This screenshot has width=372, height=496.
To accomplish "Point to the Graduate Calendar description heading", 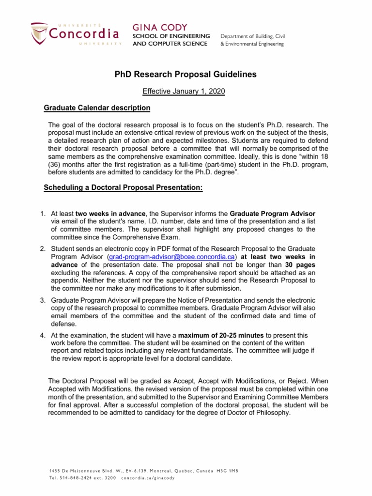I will click(97, 108).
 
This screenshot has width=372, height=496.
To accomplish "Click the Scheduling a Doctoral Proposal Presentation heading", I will click(123, 187).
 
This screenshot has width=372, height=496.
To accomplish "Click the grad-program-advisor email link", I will click(172, 256).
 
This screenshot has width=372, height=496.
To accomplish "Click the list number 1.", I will click(43, 214).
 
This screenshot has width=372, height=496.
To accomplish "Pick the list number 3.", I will click(43, 301).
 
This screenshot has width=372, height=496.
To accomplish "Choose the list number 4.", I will click(43, 335).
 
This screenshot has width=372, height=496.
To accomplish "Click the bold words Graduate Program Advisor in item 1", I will click(273, 214).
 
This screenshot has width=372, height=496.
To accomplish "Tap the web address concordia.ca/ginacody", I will click(148, 477).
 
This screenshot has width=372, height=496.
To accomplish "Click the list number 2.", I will click(43, 248).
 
